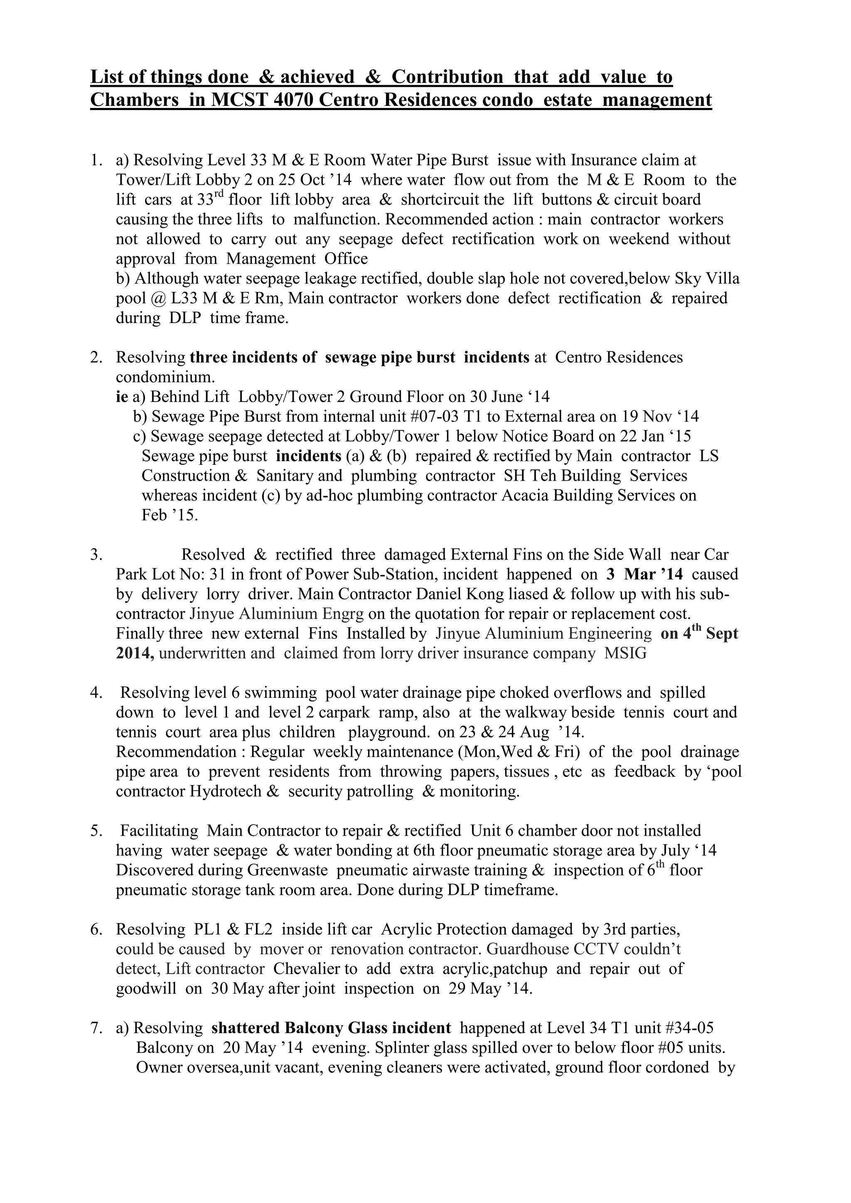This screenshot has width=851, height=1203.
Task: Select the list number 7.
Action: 96,1028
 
